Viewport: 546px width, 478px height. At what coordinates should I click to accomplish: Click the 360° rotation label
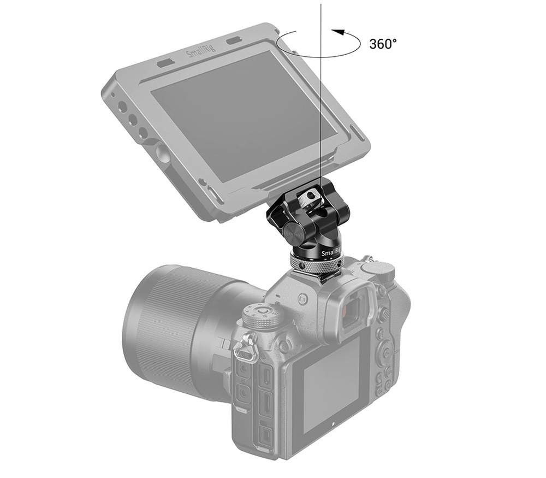click(x=382, y=44)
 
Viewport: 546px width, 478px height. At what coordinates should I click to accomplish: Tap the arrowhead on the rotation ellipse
click(x=337, y=32)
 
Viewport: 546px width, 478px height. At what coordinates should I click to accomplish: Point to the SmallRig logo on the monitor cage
click(x=201, y=51)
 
